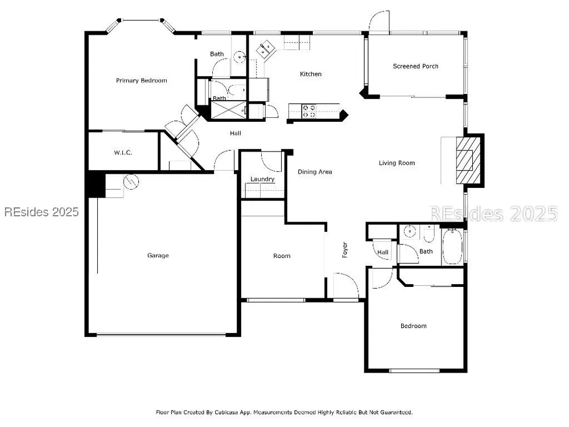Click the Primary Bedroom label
[x=142, y=81]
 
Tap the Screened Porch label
[x=415, y=66]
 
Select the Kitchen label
[x=311, y=74]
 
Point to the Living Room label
[x=397, y=163]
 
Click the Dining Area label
[x=315, y=172]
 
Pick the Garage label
[x=158, y=256]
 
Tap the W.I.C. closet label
[x=123, y=153]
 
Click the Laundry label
[x=262, y=179]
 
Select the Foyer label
[x=345, y=250]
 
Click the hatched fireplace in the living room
[x=468, y=161]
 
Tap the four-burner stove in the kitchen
[x=309, y=111]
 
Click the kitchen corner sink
[x=266, y=49]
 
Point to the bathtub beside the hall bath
[x=452, y=246]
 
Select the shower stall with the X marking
[x=228, y=110]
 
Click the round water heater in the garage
[x=131, y=181]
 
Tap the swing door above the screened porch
[x=379, y=21]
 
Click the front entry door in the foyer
[x=346, y=286]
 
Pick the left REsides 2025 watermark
[x=42, y=212]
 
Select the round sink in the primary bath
[x=240, y=56]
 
